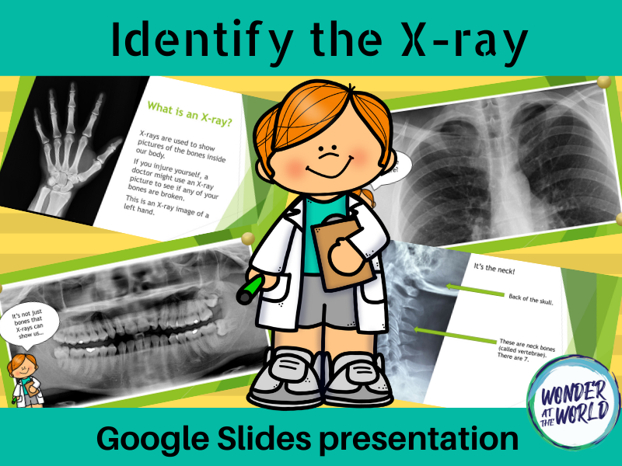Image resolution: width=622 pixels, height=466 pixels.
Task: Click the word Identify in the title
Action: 180,40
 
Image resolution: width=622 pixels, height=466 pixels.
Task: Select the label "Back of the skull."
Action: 536,297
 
